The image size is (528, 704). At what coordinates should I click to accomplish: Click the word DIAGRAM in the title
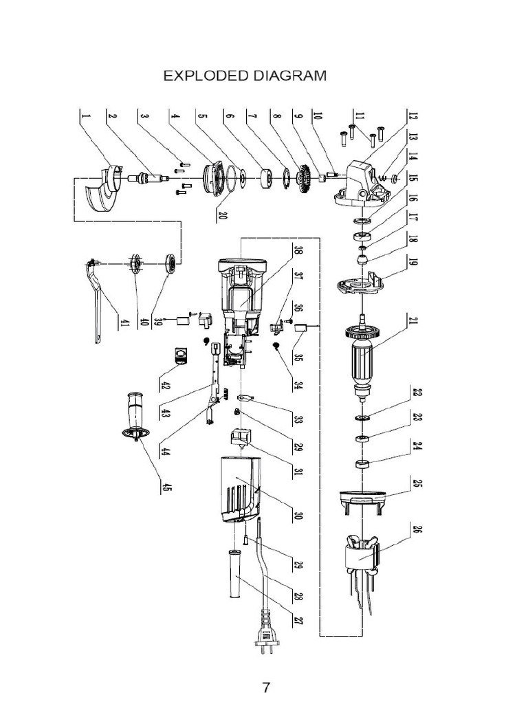(x=289, y=76)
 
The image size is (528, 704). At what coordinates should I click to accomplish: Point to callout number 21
(x=415, y=322)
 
